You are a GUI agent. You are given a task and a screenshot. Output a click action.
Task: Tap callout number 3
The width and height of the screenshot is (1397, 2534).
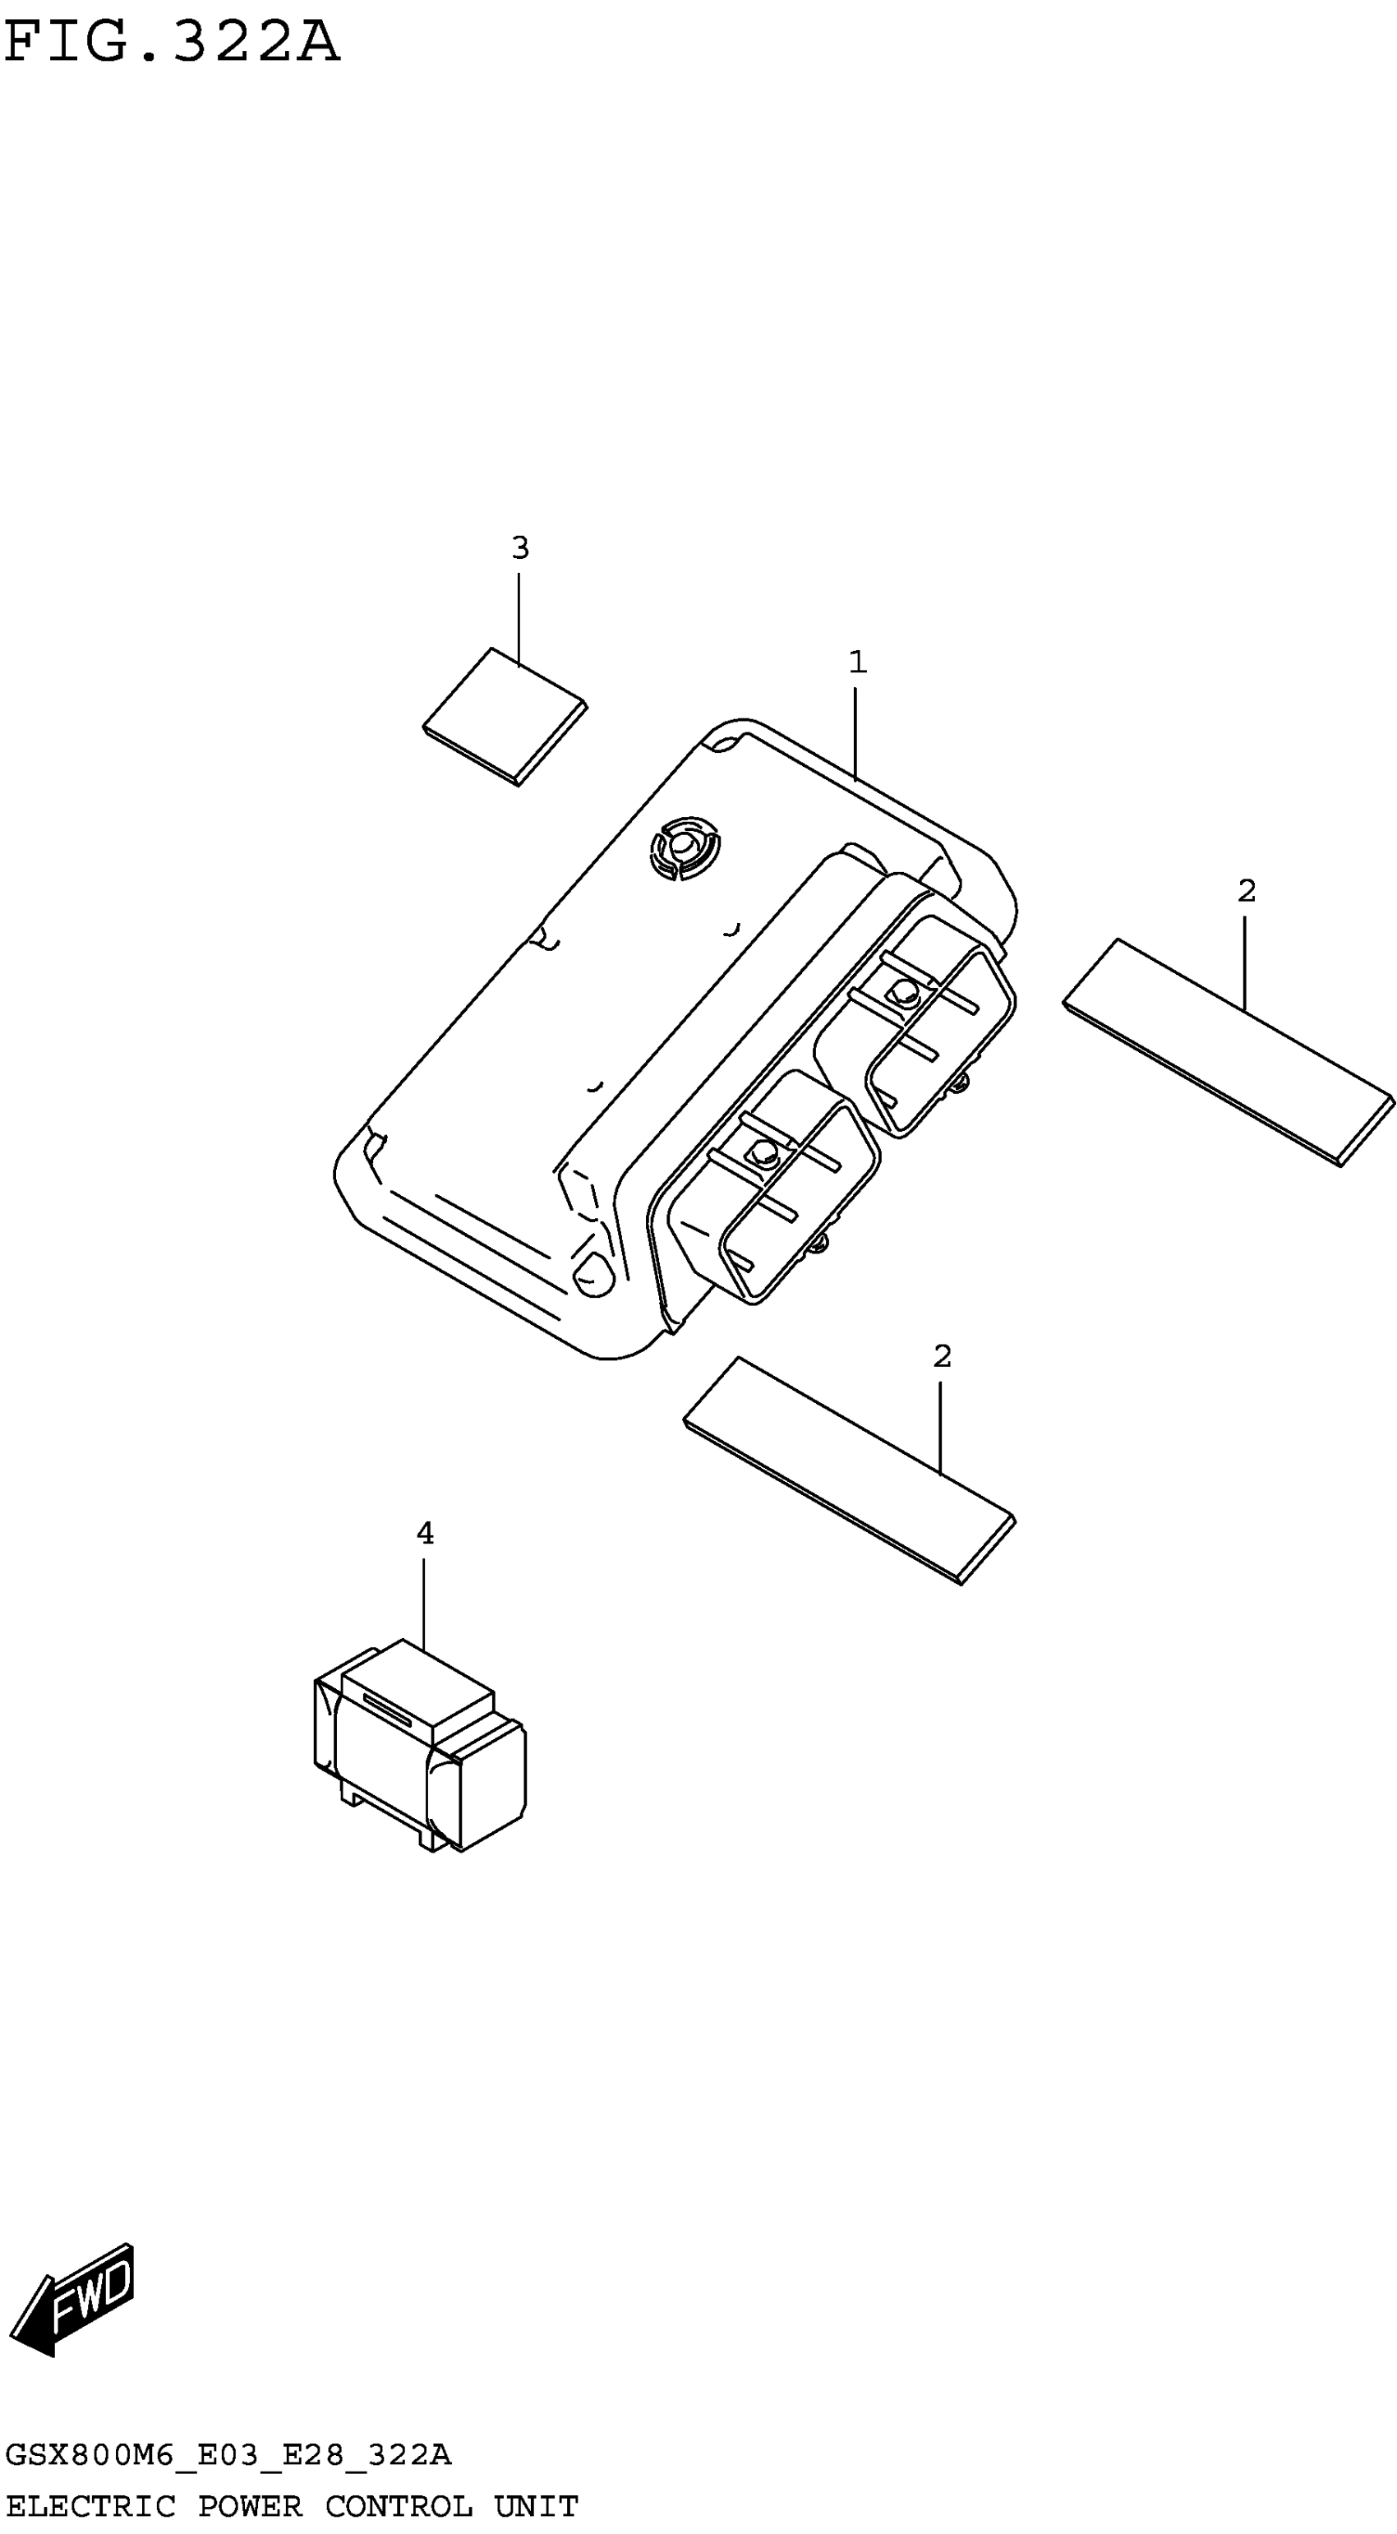[x=519, y=548]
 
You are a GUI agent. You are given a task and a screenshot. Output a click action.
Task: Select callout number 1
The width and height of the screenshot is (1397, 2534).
[x=857, y=662]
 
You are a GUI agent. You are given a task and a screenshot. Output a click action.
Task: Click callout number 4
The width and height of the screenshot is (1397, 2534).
[x=425, y=1533]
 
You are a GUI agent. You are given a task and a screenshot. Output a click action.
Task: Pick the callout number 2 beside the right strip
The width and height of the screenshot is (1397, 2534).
[x=1246, y=891]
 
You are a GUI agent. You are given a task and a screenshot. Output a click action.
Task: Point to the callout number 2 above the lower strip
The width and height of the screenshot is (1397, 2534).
[x=942, y=1356]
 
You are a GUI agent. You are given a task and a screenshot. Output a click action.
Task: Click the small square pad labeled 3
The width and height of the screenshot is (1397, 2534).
[x=505, y=716]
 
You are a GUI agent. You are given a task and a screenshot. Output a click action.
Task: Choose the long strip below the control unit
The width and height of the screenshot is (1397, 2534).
[x=849, y=1470]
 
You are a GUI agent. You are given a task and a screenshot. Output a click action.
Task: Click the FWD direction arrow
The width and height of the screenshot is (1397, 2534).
[x=71, y=2299]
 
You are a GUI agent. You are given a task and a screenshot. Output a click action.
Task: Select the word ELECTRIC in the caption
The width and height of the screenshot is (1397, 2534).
[x=90, y=2505]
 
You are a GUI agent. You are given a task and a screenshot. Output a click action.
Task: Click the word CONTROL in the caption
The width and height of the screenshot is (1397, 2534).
[x=399, y=2505]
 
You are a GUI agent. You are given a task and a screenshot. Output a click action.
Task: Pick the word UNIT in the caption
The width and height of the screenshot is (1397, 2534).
[x=536, y=2505]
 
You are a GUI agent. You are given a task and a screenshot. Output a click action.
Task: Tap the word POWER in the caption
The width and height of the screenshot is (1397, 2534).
[x=250, y=2505]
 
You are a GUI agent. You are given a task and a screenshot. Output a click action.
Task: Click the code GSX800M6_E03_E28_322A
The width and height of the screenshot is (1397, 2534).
[x=228, y=2455]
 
